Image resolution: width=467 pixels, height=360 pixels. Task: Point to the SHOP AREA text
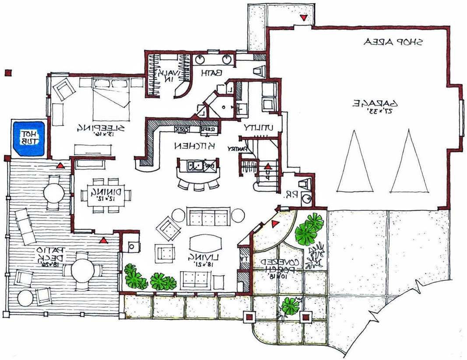(x=393, y=42)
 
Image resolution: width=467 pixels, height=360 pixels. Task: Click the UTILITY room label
(x=258, y=128)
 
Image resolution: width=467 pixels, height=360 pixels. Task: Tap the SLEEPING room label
(x=101, y=127)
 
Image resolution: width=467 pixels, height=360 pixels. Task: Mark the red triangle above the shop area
(x=303, y=17)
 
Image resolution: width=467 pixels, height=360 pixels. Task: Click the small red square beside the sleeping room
(x=7, y=73)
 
